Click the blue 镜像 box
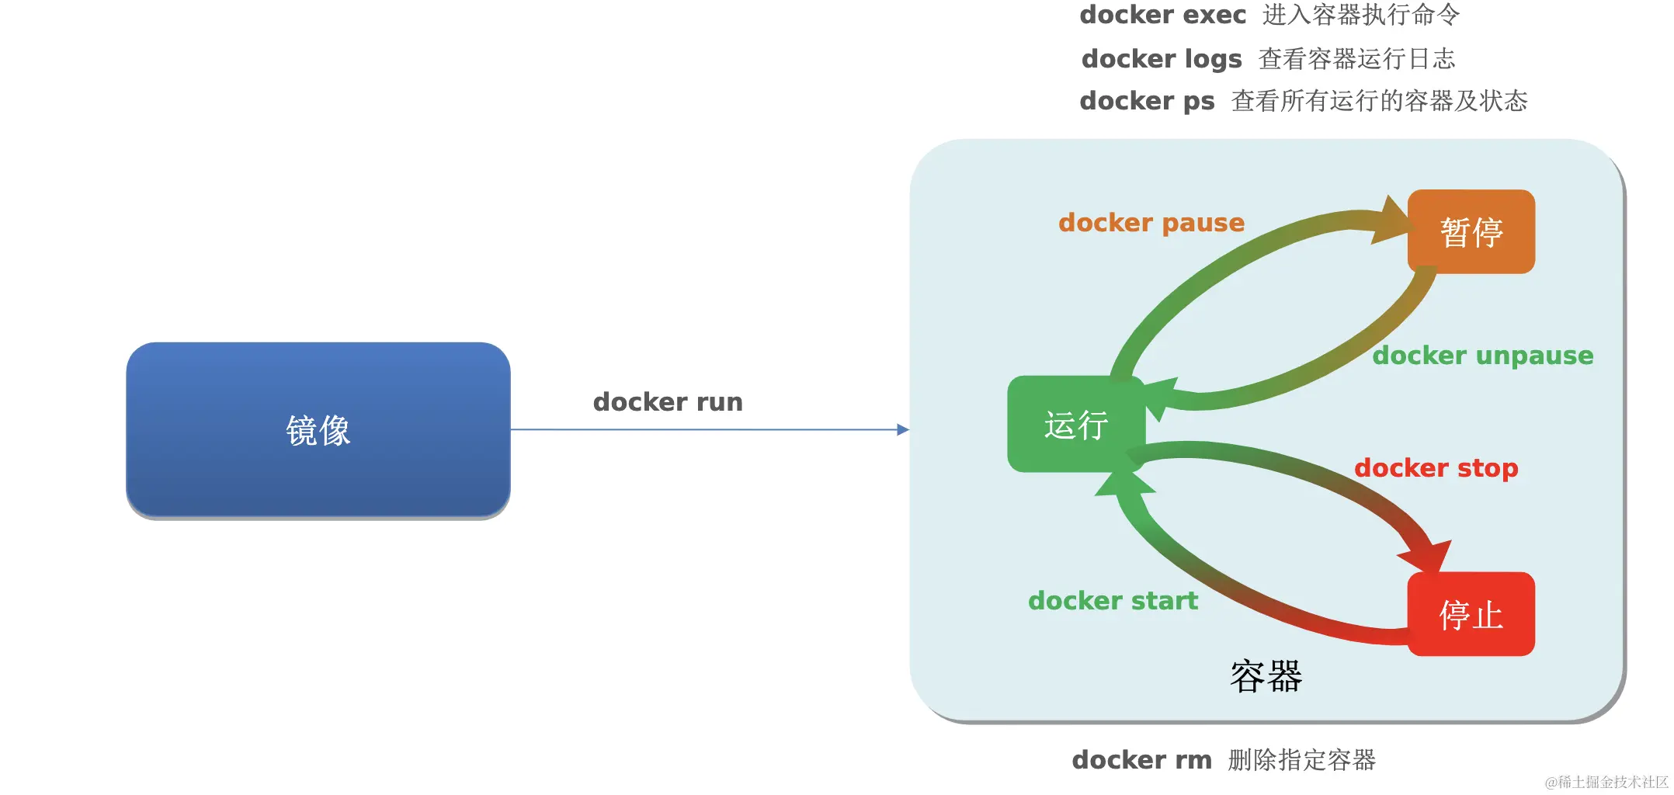click(318, 430)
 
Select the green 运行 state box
click(1076, 424)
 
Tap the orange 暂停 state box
click(1471, 231)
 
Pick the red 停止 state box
click(1471, 614)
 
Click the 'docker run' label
click(668, 402)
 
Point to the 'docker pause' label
click(1151, 224)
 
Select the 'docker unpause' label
click(1483, 356)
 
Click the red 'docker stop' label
click(1436, 469)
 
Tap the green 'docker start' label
click(1113, 601)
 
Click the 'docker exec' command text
click(1162, 15)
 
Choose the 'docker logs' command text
click(1162, 59)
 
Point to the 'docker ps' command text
click(1147, 102)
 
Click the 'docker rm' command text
click(1141, 760)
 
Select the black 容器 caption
click(1266, 676)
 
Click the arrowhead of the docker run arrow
click(903, 429)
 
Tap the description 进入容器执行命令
click(1361, 15)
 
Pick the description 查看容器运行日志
click(1356, 59)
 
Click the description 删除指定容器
click(1301, 760)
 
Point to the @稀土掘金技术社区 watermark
click(1606, 782)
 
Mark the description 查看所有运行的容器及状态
click(1380, 101)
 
